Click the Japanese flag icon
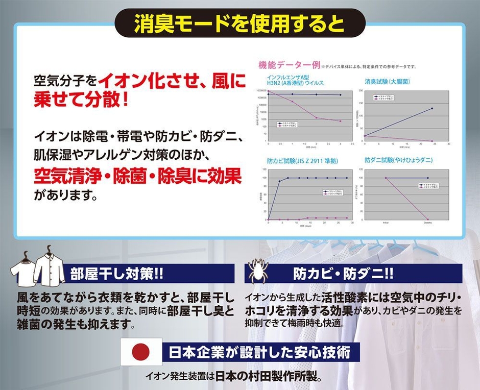point(141,351)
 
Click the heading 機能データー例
point(289,65)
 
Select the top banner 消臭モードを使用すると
point(239,23)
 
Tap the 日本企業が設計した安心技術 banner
point(260,352)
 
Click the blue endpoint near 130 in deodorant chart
point(432,108)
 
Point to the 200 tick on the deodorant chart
point(361,91)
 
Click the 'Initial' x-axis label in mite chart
point(386,223)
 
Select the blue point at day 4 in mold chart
point(279,181)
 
